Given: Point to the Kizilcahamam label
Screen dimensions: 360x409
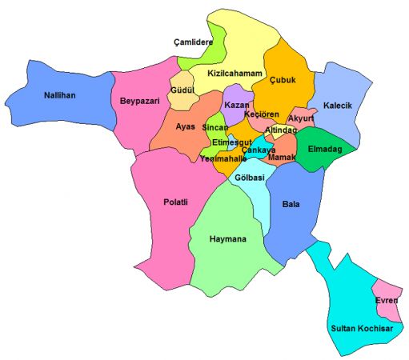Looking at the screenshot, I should [235, 74].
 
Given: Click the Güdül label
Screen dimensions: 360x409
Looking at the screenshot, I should [183, 91].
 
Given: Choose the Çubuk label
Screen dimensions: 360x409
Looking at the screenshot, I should [284, 79].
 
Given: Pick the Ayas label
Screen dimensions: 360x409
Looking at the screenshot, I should [185, 126].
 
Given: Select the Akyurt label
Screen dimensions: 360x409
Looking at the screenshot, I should [301, 118].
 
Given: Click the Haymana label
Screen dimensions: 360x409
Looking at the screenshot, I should [227, 239].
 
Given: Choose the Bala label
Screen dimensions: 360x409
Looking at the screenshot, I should [291, 204].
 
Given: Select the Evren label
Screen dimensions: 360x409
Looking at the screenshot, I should [387, 300].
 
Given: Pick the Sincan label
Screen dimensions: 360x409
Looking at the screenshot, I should [214, 128].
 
